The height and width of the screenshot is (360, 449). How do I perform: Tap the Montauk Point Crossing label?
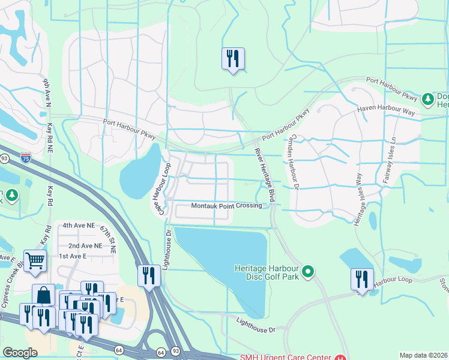pos(226,206)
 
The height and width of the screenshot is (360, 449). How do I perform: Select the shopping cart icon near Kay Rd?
pos(35,261)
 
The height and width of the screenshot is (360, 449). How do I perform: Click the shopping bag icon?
pos(43,295)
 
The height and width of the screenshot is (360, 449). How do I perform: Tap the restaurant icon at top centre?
pos(233,59)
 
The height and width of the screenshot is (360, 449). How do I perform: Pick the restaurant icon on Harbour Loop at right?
pos(361,280)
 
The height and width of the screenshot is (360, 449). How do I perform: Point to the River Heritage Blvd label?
pos(264,174)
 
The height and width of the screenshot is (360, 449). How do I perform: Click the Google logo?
pos(20,353)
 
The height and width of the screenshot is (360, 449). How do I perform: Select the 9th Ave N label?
pos(47,94)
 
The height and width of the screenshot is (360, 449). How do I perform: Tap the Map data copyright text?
pos(423,355)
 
